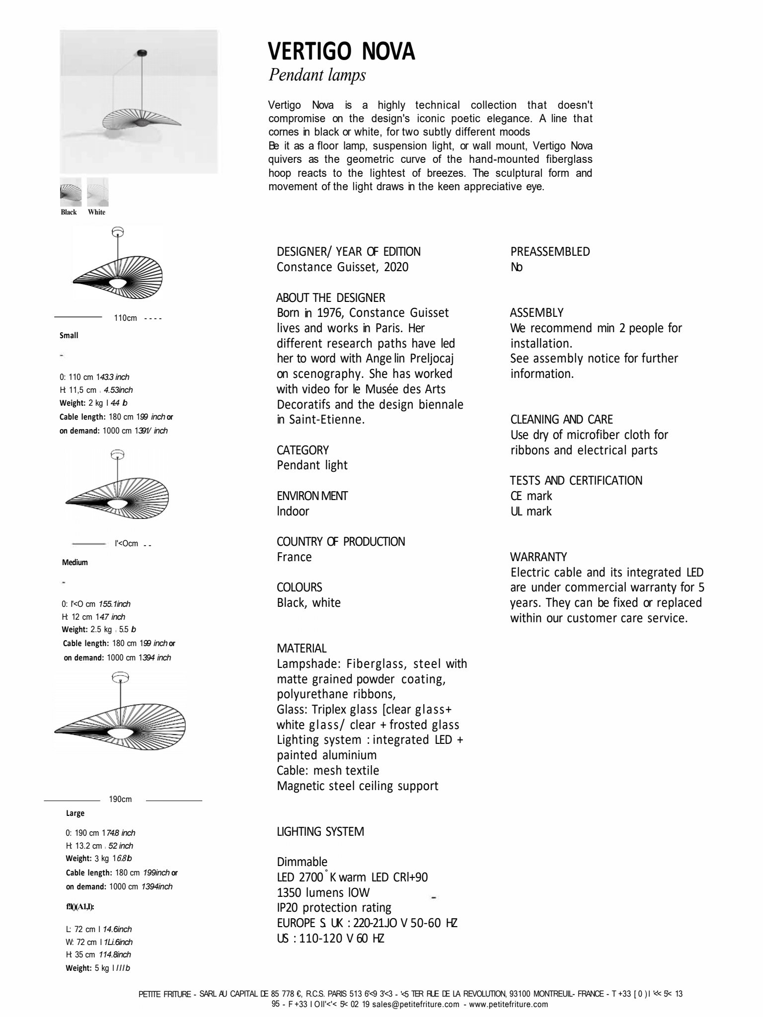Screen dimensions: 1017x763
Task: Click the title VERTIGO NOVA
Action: pos(341,52)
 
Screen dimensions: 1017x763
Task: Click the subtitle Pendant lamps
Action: pos(317,75)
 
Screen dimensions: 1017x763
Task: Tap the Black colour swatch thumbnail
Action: pos(71,192)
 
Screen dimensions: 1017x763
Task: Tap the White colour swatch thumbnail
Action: pos(97,192)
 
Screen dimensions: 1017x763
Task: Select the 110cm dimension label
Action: pos(125,318)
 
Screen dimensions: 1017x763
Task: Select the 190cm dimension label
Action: pos(120,799)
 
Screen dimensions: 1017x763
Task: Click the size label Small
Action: pos(69,336)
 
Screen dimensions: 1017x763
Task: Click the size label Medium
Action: pos(75,562)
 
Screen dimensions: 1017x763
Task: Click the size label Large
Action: pos(76,813)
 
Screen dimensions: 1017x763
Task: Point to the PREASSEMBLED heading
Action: pos(550,252)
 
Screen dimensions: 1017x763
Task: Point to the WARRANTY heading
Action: pos(538,557)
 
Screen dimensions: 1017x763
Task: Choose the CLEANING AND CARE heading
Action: pos(561,420)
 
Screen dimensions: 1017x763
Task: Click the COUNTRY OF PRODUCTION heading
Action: pos(341,542)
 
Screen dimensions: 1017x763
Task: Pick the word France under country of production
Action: pos(294,557)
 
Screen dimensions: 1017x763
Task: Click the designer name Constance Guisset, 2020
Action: pos(342,267)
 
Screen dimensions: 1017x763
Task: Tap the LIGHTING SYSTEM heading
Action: pos(320,832)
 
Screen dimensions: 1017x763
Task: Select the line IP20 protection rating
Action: pos(334,908)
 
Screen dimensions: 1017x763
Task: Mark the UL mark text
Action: pos(531,511)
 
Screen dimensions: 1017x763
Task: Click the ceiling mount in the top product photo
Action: pos(143,52)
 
